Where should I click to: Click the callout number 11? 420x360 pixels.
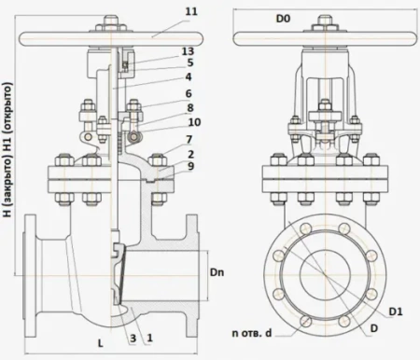click(x=191, y=12)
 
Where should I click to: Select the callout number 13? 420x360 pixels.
click(x=188, y=51)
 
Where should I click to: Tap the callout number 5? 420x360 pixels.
click(x=190, y=62)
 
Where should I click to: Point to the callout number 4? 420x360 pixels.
click(x=189, y=76)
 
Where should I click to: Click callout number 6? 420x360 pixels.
click(x=189, y=93)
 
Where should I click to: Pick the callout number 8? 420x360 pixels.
click(x=190, y=108)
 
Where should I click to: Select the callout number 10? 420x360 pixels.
click(x=194, y=122)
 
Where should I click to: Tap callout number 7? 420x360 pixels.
click(x=189, y=140)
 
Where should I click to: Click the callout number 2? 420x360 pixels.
click(x=190, y=154)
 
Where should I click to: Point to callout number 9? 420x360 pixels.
click(x=190, y=166)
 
